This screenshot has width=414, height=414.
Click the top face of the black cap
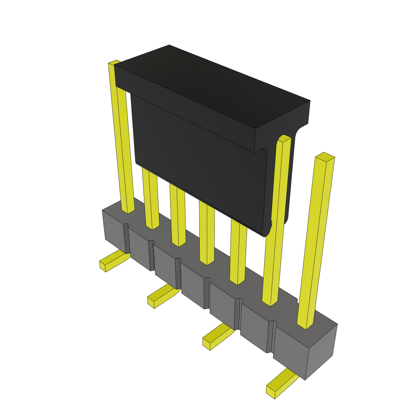pyautogui.click(x=210, y=81)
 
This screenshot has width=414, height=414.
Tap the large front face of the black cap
pyautogui.click(x=198, y=162)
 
